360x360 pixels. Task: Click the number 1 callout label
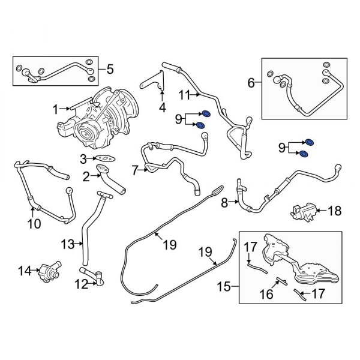[x=55, y=109]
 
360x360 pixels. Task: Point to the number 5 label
[x=109, y=70]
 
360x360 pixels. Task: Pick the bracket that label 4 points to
[x=155, y=85]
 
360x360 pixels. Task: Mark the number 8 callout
[x=224, y=203]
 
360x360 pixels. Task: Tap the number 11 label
[x=184, y=94]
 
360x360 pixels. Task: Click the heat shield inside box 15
[x=300, y=264]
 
